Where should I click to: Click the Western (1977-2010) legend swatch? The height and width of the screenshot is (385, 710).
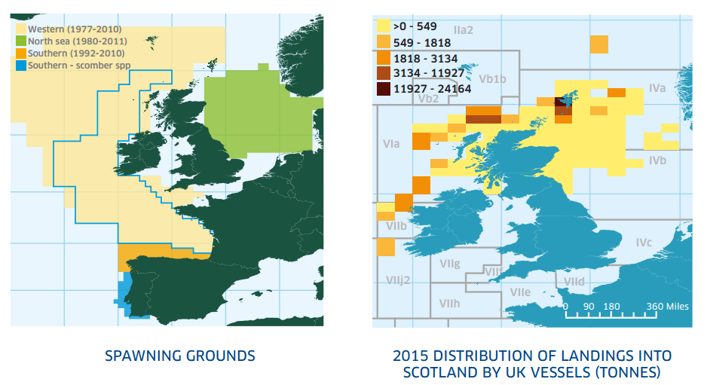22,29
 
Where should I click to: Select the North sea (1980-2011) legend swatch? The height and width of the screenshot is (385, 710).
22,41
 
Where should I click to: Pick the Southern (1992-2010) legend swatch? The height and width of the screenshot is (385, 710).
22,53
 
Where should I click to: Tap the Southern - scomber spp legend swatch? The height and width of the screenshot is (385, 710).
22,66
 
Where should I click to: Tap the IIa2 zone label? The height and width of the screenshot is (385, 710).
463,30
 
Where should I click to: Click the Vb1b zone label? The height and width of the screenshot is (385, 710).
493,78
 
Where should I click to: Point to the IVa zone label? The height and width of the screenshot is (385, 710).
657,89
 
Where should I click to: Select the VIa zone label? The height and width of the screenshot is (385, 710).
391,144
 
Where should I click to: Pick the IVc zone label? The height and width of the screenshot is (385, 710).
644,243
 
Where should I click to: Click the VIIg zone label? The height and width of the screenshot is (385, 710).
450,264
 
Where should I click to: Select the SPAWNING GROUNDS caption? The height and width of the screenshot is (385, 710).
179,356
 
